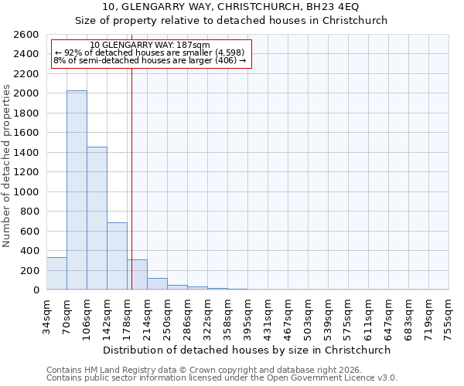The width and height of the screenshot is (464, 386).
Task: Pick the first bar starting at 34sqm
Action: tap(56, 273)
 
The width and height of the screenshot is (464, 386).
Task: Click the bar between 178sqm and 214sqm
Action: tap(137, 275)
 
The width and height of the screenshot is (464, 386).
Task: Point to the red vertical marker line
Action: tap(131, 170)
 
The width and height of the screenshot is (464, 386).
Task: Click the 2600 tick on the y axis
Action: tap(27, 35)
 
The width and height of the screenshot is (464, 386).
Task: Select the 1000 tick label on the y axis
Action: tap(27, 192)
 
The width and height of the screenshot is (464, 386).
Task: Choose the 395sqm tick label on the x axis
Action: tap(248, 316)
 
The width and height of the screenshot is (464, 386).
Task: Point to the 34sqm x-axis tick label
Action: tap(47, 314)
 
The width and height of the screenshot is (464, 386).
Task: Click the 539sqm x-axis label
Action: tap(329, 316)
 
